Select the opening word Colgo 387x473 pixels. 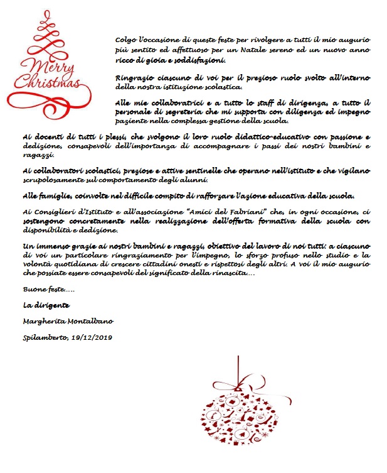[127, 39]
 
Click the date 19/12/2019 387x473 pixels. [92, 338]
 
